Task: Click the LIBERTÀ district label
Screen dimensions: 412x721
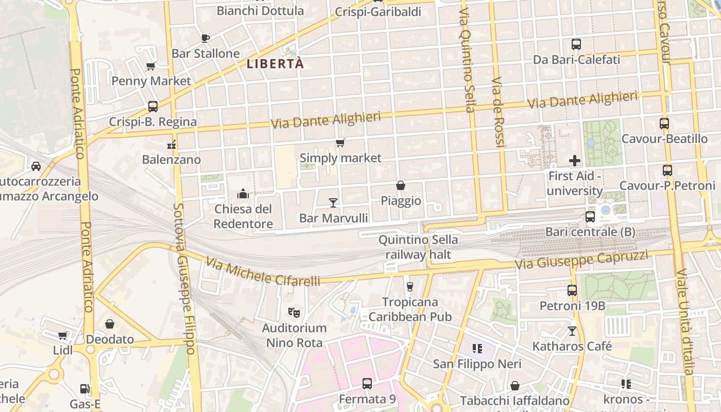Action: pos(275,64)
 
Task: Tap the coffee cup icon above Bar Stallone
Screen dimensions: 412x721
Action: pos(205,38)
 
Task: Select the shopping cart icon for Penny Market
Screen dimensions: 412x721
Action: pos(151,65)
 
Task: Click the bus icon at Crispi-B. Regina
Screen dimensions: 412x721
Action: pos(153,107)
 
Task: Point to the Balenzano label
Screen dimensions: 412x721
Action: pos(171,159)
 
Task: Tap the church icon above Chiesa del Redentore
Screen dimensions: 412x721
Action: pos(243,194)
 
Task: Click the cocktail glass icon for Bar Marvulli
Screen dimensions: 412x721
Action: pos(333,202)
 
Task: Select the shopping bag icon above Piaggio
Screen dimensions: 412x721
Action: pos(401,185)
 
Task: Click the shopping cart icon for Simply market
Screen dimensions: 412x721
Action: pos(340,143)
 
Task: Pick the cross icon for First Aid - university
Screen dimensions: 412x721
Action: pos(575,161)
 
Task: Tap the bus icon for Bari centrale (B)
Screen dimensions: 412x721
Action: pos(590,217)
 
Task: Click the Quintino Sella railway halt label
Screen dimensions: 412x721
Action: pos(418,247)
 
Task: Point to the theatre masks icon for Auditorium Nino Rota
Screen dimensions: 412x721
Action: pos(294,312)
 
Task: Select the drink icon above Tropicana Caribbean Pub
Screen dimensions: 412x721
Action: pos(410,286)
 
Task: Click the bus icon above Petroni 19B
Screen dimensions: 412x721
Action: pos(572,290)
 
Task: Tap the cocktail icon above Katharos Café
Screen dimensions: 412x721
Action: pos(572,331)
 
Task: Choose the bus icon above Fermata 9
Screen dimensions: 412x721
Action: pos(367,384)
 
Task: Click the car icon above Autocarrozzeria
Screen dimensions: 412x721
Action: pos(36,166)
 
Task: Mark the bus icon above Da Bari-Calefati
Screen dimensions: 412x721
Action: pos(576,44)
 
